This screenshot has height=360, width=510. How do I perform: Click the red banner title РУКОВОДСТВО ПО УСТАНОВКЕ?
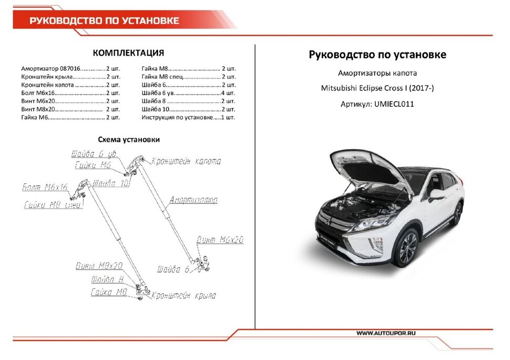tap(104, 21)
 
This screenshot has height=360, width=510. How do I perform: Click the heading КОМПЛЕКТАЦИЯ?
tap(128, 53)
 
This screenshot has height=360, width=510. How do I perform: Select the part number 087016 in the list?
tap(70, 69)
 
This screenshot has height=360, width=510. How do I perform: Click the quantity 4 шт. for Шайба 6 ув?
tap(228, 93)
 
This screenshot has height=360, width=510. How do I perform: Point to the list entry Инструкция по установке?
tap(177, 117)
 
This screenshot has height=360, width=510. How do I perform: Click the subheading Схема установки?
tap(129, 140)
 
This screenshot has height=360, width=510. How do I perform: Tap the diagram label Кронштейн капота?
tap(186, 161)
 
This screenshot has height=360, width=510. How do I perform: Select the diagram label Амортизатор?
tap(193, 200)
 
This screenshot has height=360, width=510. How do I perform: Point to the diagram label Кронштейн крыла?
tap(183, 296)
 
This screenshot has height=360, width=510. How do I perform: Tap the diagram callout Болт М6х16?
tap(45, 187)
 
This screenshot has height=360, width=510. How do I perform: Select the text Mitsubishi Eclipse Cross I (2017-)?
tap(378, 88)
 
